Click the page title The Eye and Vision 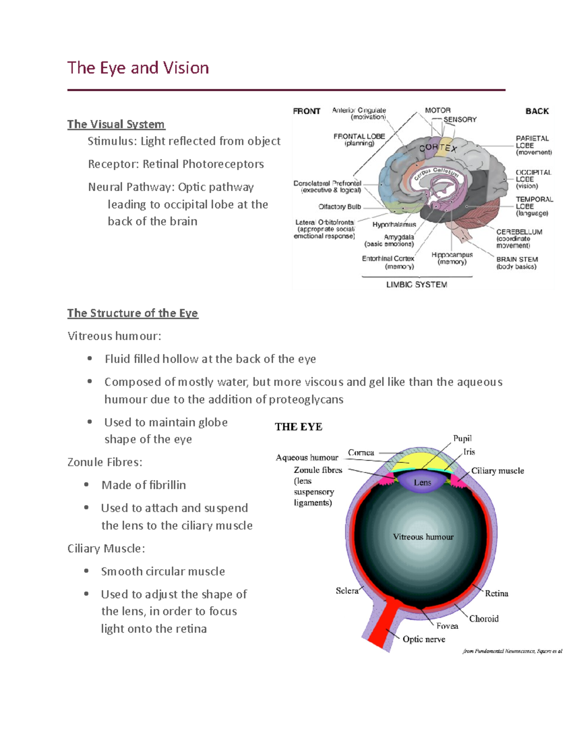tap(138, 68)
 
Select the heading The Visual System tap(116, 124)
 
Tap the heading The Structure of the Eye tap(133, 313)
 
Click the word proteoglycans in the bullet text tap(306, 399)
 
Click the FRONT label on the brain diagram tap(307, 111)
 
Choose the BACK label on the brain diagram tap(537, 111)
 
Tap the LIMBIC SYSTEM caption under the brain tap(416, 285)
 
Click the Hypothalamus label tap(394, 225)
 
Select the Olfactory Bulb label tap(340, 207)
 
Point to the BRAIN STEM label tap(517, 259)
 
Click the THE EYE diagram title tap(298, 427)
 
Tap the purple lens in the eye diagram tap(422, 482)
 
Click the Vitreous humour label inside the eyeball tap(423, 537)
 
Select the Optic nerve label tap(424, 639)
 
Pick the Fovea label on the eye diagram tap(447, 626)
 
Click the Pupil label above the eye tap(462, 439)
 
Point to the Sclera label tap(347, 591)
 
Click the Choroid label tap(484, 619)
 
